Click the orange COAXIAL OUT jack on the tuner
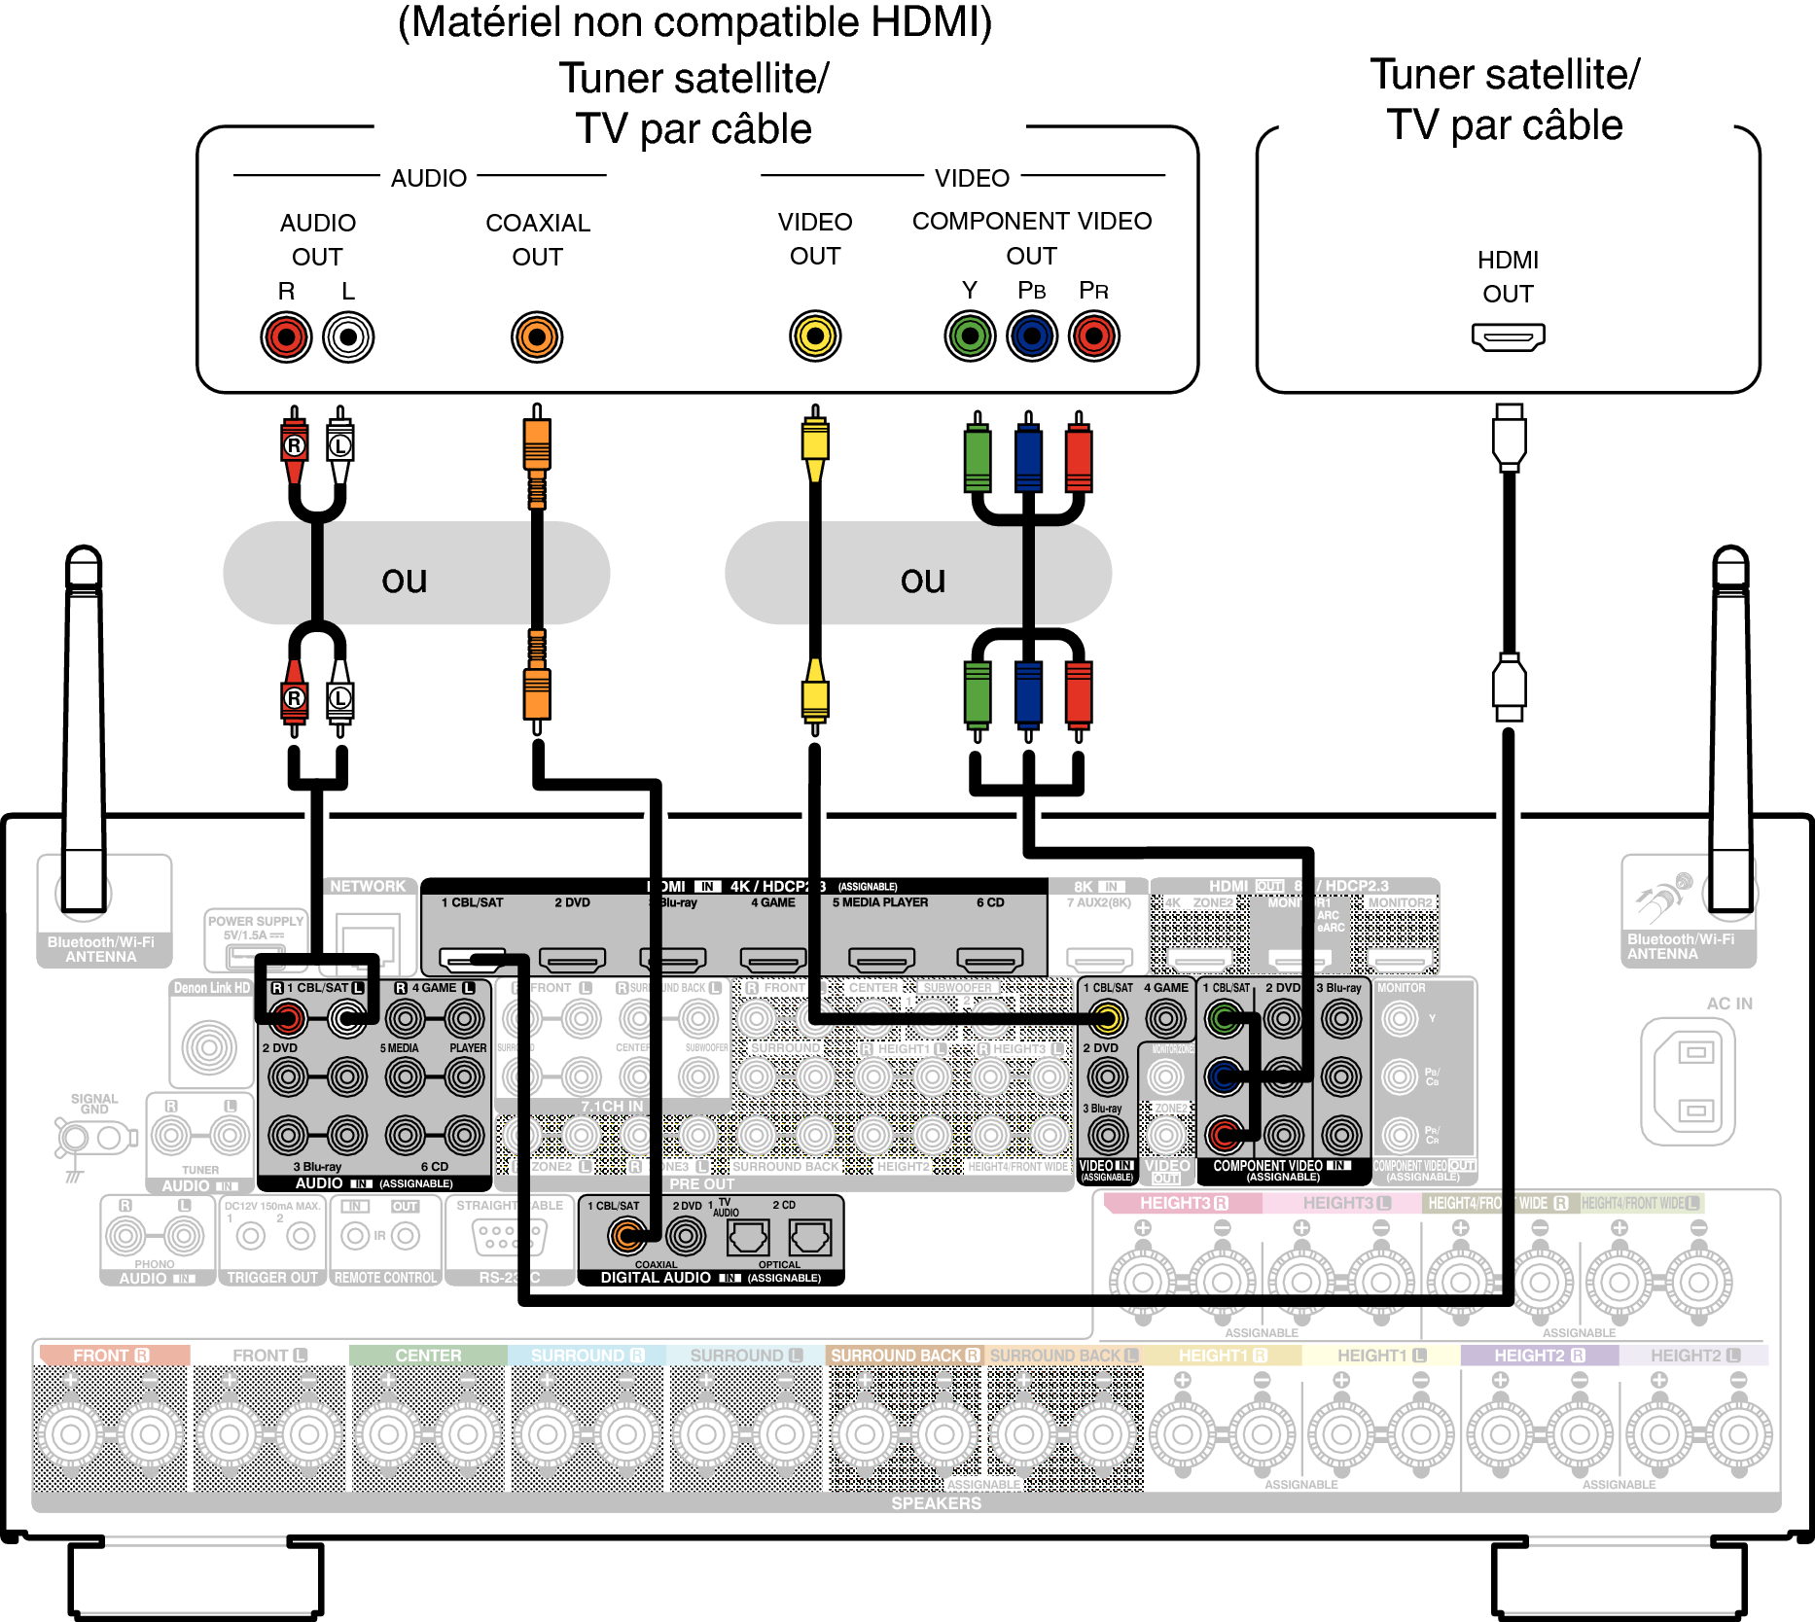click(537, 337)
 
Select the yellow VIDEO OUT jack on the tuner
click(815, 336)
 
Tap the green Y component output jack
click(970, 336)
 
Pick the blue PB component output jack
click(1032, 336)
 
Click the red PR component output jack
click(1094, 336)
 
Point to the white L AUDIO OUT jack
click(348, 337)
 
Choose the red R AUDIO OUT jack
click(286, 337)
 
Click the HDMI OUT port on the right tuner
click(1508, 336)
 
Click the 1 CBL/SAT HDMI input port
click(472, 959)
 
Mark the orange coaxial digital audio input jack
click(626, 1236)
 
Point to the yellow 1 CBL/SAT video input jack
click(1107, 1018)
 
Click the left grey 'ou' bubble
click(406, 580)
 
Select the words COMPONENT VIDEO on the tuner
click(1031, 222)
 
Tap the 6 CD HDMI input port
click(989, 959)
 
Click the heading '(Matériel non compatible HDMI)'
click(694, 22)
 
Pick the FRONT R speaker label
click(111, 1355)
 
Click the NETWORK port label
click(368, 886)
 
